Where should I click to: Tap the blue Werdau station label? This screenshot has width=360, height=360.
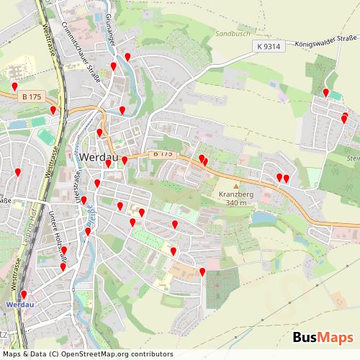point(19,305)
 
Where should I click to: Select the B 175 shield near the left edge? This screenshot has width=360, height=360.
point(31,95)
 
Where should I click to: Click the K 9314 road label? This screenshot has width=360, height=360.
point(268,47)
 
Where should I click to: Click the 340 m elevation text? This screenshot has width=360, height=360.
point(237,203)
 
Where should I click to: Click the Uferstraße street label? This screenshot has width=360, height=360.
point(76,184)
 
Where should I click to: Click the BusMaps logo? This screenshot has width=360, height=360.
point(323,337)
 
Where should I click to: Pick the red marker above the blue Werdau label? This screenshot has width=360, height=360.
point(23,294)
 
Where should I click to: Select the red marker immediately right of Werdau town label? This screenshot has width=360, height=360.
point(125,160)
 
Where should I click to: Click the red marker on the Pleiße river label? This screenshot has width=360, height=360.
point(88,231)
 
